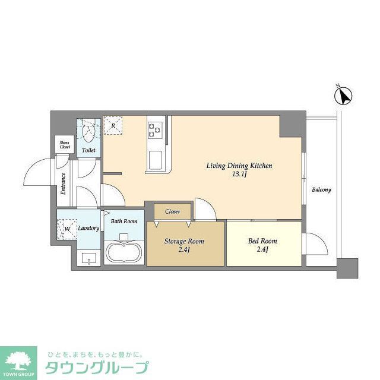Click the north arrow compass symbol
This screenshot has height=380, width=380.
[x=345, y=94]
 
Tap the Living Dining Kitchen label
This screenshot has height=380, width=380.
[x=239, y=166]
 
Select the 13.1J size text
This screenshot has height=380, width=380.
[x=239, y=175]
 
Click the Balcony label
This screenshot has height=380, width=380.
[x=321, y=190]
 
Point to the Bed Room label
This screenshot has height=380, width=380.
[x=262, y=241]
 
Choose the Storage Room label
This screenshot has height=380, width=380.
[x=184, y=242]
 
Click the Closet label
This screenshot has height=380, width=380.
[x=173, y=211]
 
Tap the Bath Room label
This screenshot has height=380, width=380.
[x=125, y=221]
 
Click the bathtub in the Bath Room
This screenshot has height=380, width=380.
[x=124, y=252]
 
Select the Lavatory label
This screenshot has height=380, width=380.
[x=88, y=228]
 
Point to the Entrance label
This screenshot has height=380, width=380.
[x=63, y=184]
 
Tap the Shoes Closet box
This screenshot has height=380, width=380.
[x=64, y=145]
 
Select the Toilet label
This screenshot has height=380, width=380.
[x=88, y=151]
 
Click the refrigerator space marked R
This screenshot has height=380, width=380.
[x=113, y=125]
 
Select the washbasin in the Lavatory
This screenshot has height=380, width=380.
[x=89, y=258]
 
